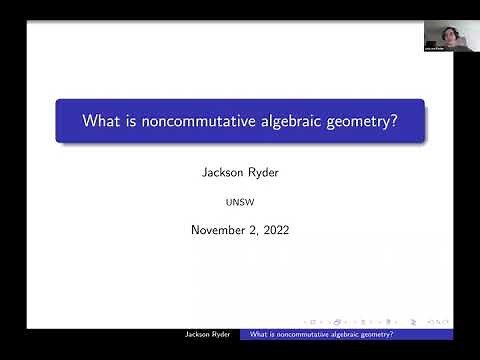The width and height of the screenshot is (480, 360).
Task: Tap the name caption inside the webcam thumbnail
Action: click(433, 48)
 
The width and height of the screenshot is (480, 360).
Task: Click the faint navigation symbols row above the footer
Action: click(400, 321)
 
